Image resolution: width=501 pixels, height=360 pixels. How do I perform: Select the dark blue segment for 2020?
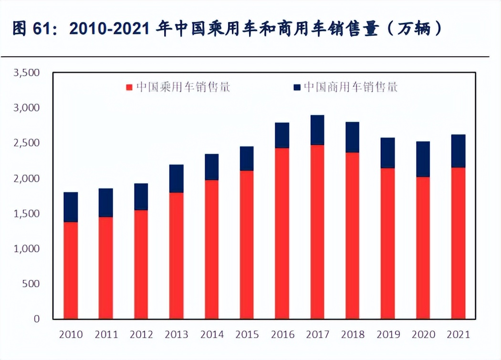423,159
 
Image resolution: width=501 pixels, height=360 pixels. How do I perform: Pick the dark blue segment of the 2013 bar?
177,179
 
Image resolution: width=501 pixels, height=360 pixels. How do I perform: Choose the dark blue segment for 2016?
282,135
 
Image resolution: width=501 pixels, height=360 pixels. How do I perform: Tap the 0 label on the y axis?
35,319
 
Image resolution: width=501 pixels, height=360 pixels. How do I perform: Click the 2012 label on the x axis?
141,334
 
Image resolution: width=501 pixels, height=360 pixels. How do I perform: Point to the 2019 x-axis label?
388,334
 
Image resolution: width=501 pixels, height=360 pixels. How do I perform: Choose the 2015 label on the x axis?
247,334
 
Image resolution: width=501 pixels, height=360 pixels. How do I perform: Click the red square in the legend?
129,87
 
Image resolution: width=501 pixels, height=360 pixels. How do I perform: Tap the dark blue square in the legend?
297,87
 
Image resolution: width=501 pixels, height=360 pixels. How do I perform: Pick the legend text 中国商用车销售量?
351,87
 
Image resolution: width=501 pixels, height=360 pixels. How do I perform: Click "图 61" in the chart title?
31,29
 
